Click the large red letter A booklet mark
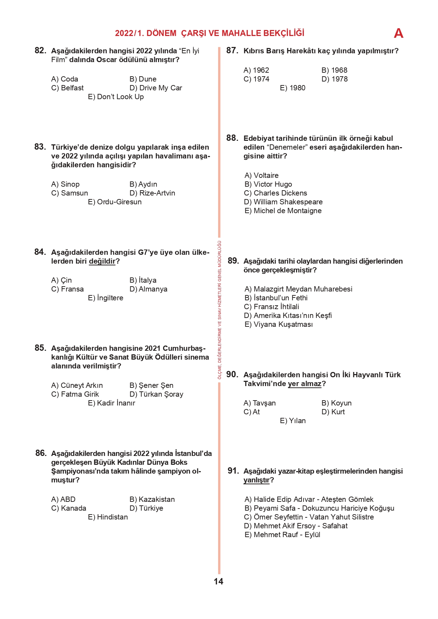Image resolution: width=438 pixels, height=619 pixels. (398, 33)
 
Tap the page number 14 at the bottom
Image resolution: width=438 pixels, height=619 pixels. (218, 582)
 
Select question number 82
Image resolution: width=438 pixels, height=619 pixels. (40, 50)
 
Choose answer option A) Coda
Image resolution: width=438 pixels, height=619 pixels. (65, 79)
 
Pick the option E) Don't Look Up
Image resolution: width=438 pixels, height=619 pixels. (116, 97)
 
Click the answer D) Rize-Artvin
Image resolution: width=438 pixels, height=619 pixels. (152, 193)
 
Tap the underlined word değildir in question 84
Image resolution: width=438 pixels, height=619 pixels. (102, 261)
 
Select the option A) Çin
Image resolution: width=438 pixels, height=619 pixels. (61, 280)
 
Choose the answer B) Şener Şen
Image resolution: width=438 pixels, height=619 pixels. (151, 385)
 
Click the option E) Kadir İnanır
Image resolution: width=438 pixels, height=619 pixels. (112, 403)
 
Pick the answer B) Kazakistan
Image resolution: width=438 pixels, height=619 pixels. (152, 499)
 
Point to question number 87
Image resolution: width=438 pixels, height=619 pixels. (232, 50)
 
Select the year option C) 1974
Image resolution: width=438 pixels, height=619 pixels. (256, 79)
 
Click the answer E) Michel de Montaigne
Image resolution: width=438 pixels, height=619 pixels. (283, 211)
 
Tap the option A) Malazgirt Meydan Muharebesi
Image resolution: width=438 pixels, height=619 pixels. (298, 289)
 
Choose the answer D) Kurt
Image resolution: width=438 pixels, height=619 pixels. (333, 412)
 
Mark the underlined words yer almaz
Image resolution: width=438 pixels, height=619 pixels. (305, 384)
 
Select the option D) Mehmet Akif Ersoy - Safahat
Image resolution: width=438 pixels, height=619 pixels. (296, 526)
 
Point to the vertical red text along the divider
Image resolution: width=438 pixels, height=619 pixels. (219, 310)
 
